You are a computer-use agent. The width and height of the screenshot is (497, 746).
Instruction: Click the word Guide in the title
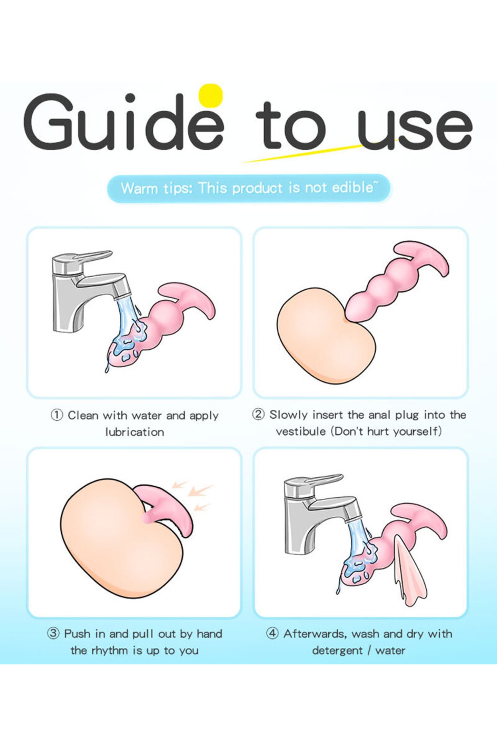click(x=124, y=122)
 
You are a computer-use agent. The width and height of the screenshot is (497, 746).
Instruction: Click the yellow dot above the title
click(x=210, y=96)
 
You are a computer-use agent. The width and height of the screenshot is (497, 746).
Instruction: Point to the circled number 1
click(x=57, y=415)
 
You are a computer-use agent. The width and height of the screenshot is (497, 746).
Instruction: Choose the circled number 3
click(x=53, y=633)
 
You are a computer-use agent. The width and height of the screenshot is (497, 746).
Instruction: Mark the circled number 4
click(x=272, y=633)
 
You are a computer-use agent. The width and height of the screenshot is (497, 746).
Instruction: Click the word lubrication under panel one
click(x=135, y=432)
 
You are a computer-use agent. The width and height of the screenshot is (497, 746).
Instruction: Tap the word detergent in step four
click(x=337, y=651)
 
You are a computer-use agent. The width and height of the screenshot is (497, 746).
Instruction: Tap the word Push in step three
click(x=77, y=634)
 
